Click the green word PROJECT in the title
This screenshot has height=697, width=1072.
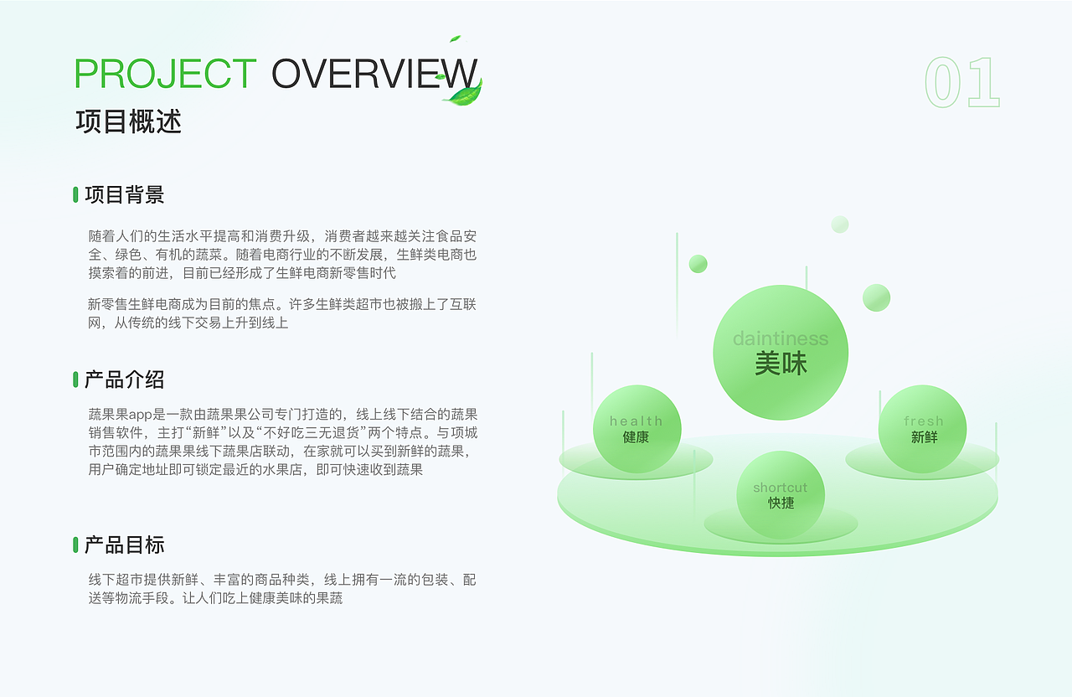tap(165, 74)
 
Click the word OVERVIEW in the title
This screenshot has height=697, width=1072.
tap(374, 74)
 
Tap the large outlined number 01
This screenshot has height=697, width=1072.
tap(962, 82)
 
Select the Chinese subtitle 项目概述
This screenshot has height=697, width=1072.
tap(128, 121)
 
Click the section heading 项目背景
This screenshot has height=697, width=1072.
tap(124, 195)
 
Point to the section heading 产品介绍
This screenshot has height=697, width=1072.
tap(124, 379)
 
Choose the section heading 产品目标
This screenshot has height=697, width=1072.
tap(124, 545)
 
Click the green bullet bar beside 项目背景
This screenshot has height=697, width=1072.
tap(75, 195)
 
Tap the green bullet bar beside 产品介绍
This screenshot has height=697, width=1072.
tap(75, 379)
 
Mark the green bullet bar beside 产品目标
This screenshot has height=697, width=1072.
tap(75, 545)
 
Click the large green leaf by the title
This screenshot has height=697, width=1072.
tap(464, 93)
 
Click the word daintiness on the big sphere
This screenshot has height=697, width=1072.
tap(780, 338)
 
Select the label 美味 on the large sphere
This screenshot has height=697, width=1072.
tap(781, 364)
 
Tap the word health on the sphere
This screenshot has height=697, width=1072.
tap(636, 421)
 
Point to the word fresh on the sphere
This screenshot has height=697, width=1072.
tap(923, 421)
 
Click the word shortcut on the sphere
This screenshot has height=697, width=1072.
tap(780, 488)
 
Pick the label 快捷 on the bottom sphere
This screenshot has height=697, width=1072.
tap(781, 503)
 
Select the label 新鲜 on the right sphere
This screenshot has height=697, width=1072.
tap(924, 437)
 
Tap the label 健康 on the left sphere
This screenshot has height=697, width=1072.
tap(636, 437)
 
